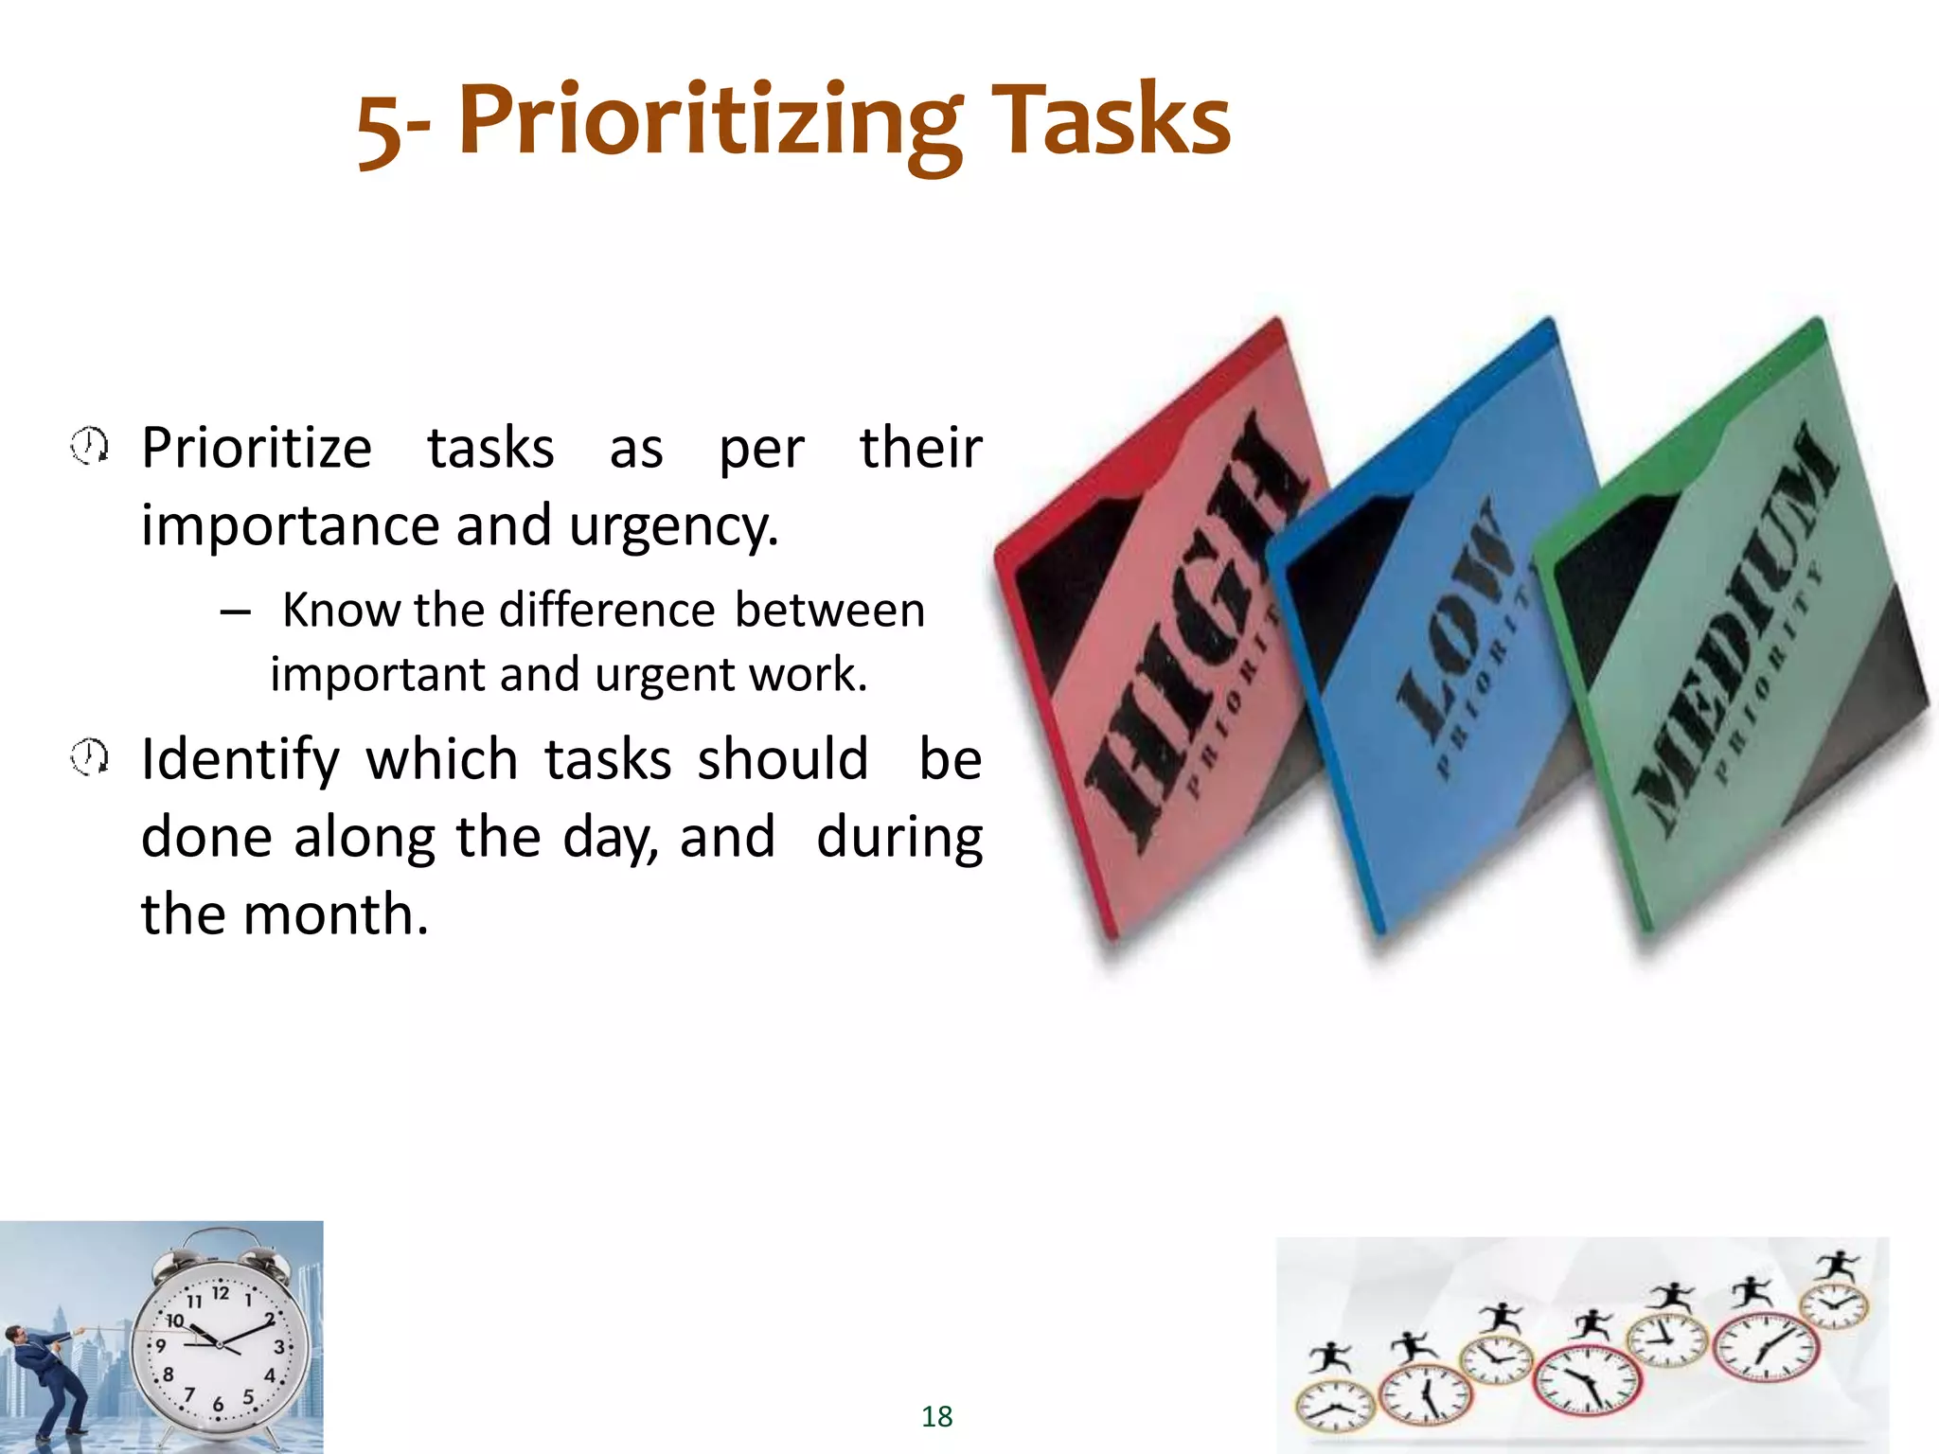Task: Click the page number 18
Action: (936, 1416)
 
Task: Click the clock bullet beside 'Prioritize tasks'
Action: (90, 446)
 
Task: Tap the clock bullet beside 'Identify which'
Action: (90, 757)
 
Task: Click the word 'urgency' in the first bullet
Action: (672, 526)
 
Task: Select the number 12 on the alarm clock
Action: (221, 1293)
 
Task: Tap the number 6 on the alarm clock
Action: (218, 1405)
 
